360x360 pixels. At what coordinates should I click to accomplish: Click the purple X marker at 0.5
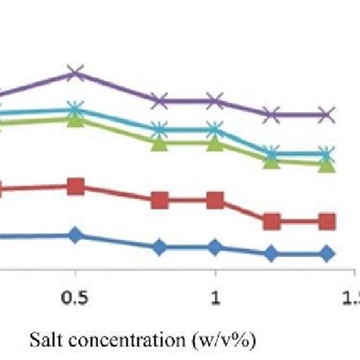74,73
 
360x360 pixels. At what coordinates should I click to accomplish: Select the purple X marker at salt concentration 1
215,100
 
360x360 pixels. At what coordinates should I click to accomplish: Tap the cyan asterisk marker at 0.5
74,109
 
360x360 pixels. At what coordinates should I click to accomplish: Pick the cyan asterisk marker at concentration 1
215,130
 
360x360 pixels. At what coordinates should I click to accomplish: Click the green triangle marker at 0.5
74,118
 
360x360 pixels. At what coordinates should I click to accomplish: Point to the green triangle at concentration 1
215,141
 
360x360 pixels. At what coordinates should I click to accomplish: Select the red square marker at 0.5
74,187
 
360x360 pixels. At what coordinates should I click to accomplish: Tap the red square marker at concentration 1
215,201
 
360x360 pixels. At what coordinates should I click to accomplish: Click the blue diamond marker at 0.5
74,235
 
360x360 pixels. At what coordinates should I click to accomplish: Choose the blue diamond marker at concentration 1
215,247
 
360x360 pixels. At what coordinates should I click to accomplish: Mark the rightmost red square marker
327,222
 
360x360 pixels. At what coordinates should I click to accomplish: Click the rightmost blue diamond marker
327,254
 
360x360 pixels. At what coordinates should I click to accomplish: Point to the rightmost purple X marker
327,115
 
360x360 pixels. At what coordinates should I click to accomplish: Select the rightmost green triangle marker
327,164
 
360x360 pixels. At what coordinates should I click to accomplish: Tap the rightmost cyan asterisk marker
327,155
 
